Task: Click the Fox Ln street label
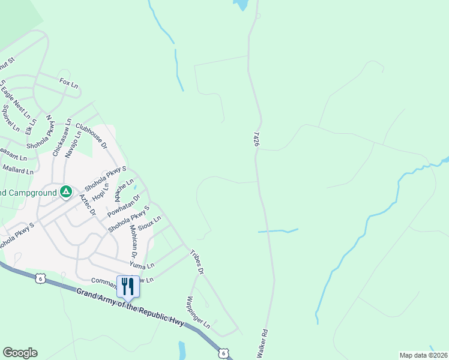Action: point(69,84)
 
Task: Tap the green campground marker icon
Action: point(66,192)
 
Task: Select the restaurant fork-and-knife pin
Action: point(128,286)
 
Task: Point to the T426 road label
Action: point(257,140)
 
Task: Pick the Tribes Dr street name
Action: point(197,263)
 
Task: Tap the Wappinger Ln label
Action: point(198,312)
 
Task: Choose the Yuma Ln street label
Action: point(142,265)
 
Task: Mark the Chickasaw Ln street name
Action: point(61,137)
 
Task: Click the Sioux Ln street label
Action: point(149,224)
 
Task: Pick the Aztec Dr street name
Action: point(88,204)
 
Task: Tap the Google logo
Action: point(20,353)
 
